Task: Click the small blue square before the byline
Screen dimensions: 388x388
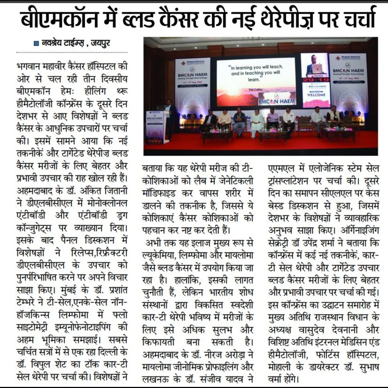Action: coord(36,43)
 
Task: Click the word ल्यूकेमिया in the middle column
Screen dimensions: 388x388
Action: coord(158,256)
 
